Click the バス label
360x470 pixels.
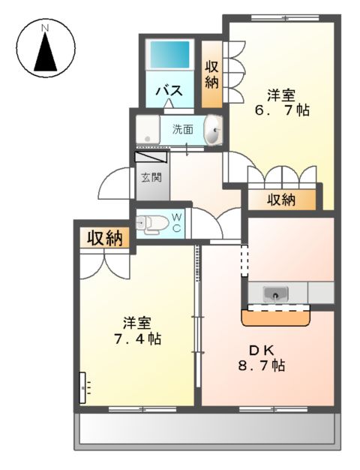pos(169,91)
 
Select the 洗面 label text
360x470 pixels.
pos(182,128)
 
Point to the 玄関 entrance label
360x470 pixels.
pos(150,178)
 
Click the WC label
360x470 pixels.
pos(177,222)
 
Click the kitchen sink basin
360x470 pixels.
pos(277,294)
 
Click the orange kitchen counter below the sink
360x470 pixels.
pos(276,318)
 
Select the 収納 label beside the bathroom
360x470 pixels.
pos(212,74)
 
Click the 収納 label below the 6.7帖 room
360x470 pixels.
pos(281,199)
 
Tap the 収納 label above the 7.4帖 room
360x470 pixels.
pos(104,239)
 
